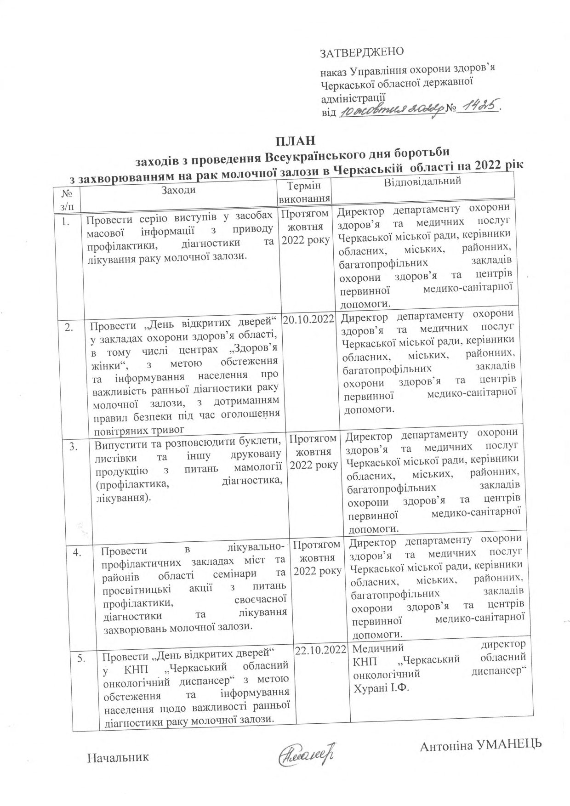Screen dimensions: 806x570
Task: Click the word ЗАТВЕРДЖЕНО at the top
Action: click(x=361, y=52)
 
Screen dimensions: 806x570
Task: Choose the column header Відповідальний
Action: click(x=422, y=182)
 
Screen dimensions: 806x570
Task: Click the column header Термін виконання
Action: click(x=305, y=193)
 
